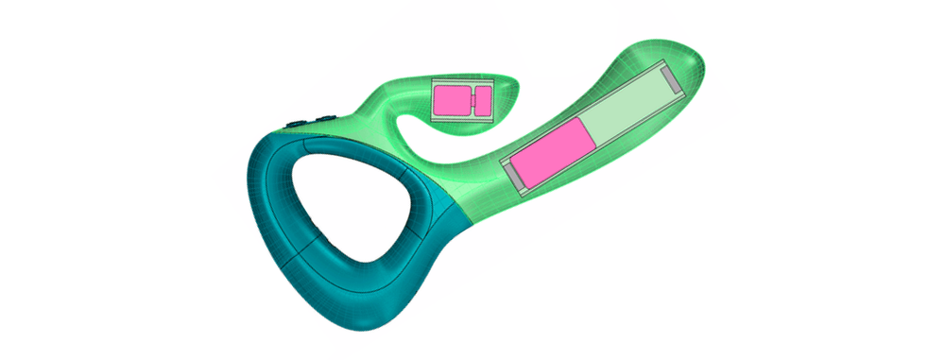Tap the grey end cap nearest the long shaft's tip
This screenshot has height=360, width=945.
[x=670, y=81]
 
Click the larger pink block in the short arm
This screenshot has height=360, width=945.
[x=451, y=99]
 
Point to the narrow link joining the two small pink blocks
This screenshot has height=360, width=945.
[x=470, y=99]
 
